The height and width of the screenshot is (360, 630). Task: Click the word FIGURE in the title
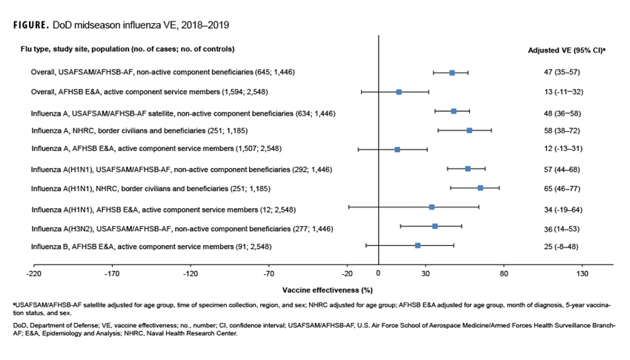(x=30, y=24)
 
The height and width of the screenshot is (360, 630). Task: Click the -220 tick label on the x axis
(x=33, y=273)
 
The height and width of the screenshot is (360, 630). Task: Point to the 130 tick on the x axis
(x=582, y=273)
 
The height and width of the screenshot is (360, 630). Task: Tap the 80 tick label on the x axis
(x=503, y=273)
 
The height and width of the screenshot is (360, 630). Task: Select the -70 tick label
(x=269, y=273)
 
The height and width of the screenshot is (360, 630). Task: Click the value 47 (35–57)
(x=561, y=73)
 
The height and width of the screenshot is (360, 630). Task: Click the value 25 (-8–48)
(x=561, y=245)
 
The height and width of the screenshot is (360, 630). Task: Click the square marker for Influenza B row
(x=418, y=245)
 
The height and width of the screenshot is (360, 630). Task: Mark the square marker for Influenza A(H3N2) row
(x=435, y=226)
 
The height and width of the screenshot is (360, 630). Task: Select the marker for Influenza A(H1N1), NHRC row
(x=480, y=188)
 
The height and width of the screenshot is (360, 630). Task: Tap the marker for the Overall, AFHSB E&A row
(x=399, y=92)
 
